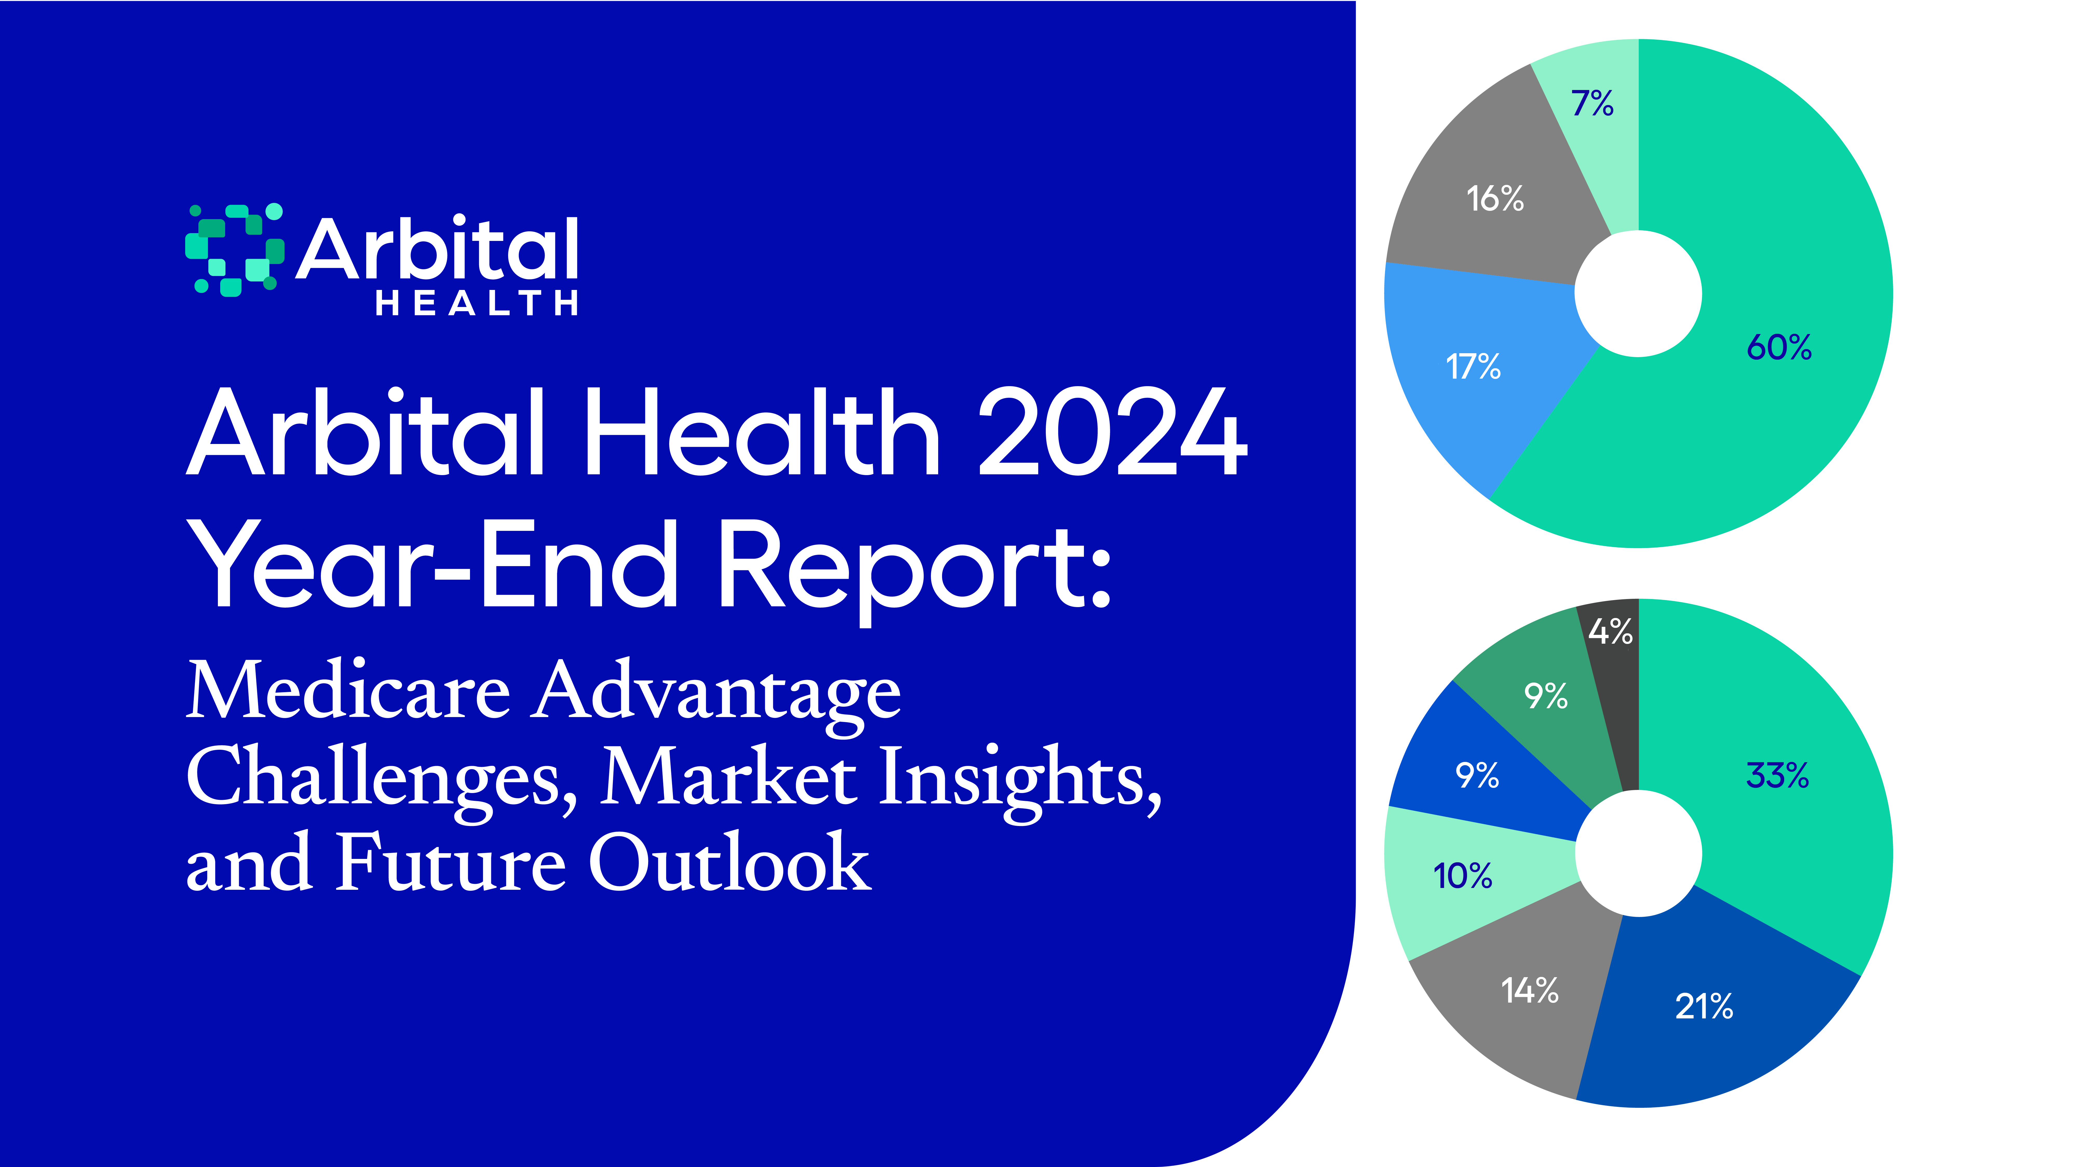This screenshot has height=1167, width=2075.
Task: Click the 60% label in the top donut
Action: tap(1779, 348)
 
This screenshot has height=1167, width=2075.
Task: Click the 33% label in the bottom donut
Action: tap(1777, 776)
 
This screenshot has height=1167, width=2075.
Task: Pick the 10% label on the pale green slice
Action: tap(1462, 876)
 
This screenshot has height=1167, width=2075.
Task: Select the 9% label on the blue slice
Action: tap(1477, 776)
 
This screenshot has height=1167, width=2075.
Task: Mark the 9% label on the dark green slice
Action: tap(1545, 695)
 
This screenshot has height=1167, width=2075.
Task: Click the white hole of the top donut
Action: tap(1638, 293)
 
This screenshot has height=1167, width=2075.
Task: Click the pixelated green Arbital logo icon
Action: tap(234, 250)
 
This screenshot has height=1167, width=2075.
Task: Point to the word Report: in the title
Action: tap(914, 564)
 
